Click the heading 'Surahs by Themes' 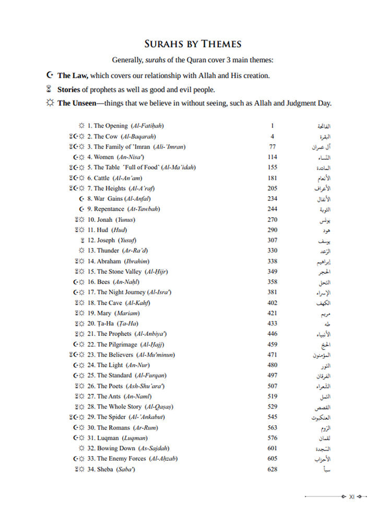(x=192, y=44)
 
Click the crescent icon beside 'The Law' (x=50, y=75)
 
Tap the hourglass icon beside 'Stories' (x=50, y=89)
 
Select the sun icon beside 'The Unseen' (x=50, y=104)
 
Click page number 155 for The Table (x=272, y=167)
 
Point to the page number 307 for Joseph (x=272, y=240)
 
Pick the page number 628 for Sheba (x=272, y=469)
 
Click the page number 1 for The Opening (x=272, y=126)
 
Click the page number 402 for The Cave (x=272, y=302)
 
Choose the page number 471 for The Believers (x=272, y=355)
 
